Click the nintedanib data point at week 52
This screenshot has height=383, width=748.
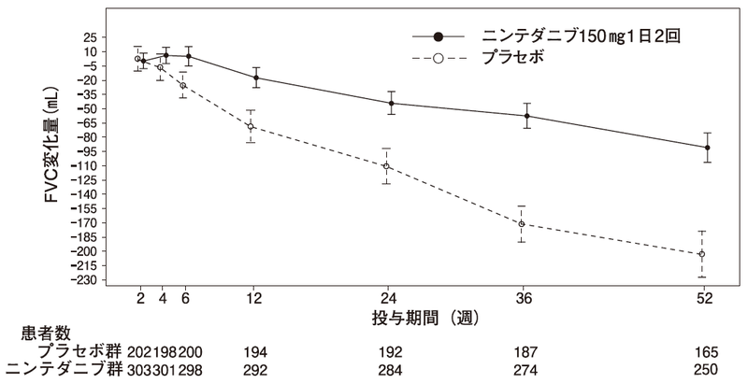coord(707,148)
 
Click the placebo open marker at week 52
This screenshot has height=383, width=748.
coord(701,254)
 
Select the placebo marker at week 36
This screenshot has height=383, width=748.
coord(522,224)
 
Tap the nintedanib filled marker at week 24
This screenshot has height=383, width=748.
coord(391,103)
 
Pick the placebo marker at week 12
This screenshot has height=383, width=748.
coord(250,126)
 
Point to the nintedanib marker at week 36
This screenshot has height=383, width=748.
coord(527,116)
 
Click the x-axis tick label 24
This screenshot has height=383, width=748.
coord(391,299)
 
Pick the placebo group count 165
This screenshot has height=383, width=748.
coord(706,352)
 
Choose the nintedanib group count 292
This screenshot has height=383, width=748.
coord(254,369)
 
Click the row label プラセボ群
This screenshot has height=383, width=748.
coord(77,352)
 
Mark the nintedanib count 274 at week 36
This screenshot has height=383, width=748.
coord(526,369)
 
